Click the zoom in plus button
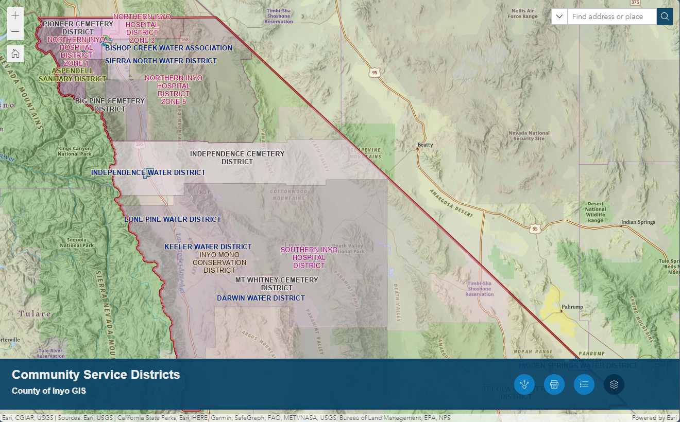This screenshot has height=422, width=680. (15, 15)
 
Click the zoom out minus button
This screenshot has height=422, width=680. (15, 32)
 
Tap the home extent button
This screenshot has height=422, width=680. (15, 54)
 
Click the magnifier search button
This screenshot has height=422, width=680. (665, 16)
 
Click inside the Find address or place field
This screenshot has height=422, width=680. (611, 16)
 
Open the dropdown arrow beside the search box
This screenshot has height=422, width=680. (559, 16)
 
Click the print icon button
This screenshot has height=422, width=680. (554, 384)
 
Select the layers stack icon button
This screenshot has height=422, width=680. (614, 384)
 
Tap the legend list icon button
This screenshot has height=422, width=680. (584, 384)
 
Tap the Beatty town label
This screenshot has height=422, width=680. (426, 145)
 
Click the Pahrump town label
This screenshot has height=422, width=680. (572, 307)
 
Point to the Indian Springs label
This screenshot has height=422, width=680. (638, 222)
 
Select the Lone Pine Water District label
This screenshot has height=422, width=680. (173, 219)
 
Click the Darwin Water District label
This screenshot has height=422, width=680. (261, 298)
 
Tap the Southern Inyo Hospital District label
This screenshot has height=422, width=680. (309, 257)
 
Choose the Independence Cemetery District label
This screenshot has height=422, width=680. (237, 157)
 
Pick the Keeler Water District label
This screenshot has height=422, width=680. (208, 247)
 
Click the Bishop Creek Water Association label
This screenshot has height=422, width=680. (169, 48)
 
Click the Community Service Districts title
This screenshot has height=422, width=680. (96, 375)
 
